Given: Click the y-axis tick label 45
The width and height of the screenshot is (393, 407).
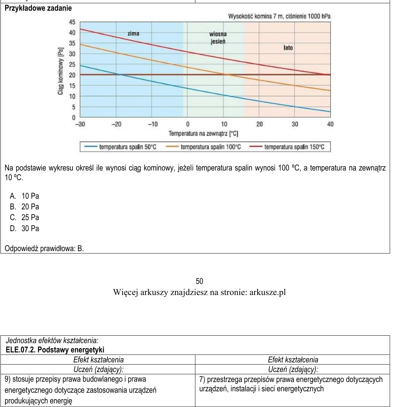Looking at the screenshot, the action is (x=72, y=22).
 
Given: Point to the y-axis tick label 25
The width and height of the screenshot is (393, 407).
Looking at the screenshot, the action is (x=72, y=64).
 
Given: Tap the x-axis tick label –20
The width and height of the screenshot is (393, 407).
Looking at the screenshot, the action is (x=116, y=124).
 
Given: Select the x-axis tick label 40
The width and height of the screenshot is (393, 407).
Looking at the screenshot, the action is (x=330, y=124).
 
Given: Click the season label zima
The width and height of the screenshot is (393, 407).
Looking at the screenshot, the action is (x=133, y=34).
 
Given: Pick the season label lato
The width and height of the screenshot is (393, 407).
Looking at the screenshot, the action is (x=288, y=48).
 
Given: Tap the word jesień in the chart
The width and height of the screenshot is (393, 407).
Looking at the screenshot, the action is (x=218, y=41).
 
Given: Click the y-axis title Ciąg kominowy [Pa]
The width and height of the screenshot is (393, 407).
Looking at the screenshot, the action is (x=61, y=71).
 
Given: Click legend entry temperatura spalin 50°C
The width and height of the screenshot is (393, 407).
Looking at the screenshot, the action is (x=120, y=147).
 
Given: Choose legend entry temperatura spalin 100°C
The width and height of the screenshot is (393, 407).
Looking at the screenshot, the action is (x=203, y=147).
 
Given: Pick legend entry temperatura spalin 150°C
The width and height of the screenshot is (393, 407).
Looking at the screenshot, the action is (x=287, y=147).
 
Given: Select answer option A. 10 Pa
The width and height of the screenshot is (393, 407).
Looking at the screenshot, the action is (x=24, y=196).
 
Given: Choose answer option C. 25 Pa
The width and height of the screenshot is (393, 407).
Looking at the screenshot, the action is (x=24, y=217).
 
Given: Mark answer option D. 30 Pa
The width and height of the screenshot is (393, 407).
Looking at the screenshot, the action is (x=24, y=228).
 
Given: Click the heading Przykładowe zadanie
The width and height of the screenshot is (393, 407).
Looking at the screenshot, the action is (x=38, y=8).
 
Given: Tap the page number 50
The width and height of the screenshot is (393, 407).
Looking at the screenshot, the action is (x=199, y=281).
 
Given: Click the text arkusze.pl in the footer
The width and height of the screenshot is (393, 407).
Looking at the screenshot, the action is (x=268, y=292).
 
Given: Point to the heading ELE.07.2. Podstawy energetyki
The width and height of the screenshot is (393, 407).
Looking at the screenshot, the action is (x=55, y=350).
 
